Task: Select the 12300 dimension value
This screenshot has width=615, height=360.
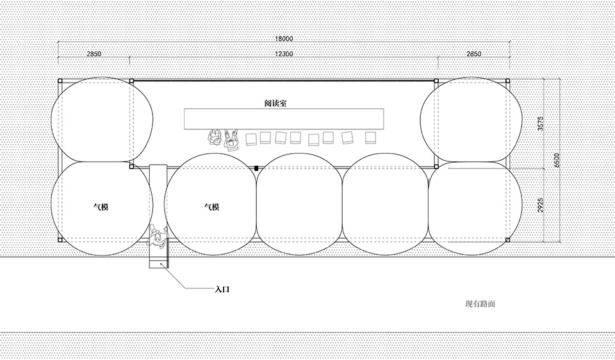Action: (283, 54)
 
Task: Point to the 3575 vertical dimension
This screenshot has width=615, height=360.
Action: (540, 124)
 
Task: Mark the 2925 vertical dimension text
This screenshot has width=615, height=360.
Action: (540, 205)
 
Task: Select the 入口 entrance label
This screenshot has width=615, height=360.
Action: (222, 289)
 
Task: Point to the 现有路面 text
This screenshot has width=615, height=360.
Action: (480, 304)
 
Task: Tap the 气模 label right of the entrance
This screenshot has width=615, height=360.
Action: (211, 207)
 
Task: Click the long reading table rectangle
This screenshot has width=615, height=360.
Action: (283, 119)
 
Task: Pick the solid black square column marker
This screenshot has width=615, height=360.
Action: (256, 168)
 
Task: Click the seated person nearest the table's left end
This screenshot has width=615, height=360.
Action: (213, 137)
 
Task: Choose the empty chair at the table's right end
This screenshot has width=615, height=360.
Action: (370, 137)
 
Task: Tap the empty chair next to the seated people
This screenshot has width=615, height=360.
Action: (251, 138)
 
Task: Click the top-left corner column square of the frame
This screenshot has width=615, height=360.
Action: (60, 81)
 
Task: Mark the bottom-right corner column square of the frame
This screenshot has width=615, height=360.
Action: (507, 240)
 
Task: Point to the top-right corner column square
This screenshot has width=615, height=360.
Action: (507, 81)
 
